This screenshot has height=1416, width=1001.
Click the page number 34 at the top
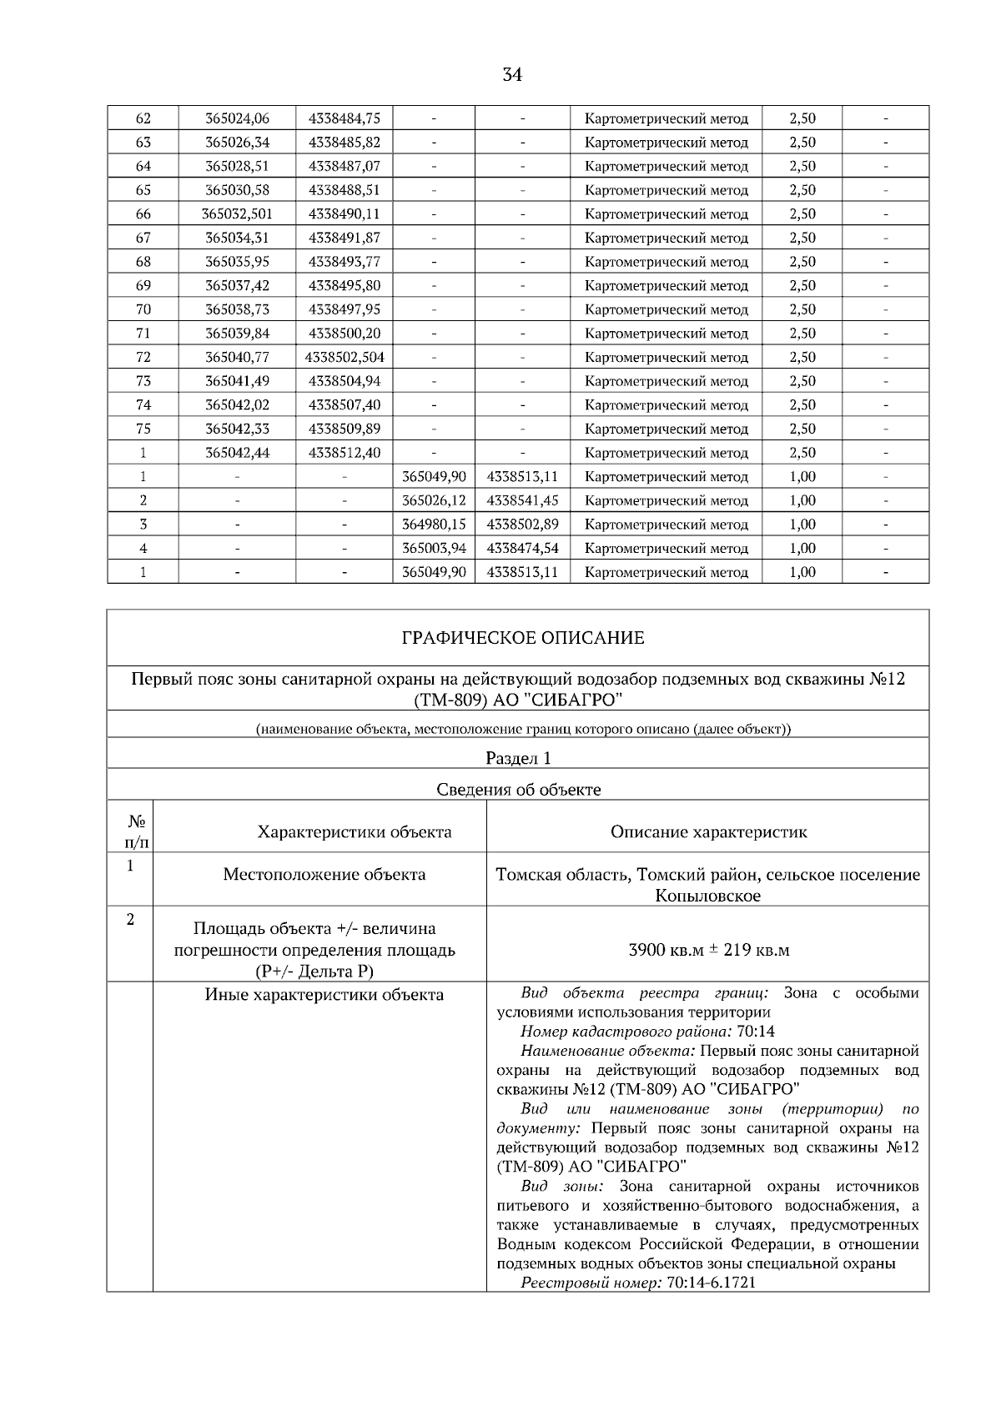(x=512, y=75)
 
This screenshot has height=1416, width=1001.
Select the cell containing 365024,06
(x=237, y=118)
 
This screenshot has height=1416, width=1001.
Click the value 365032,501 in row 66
(x=237, y=214)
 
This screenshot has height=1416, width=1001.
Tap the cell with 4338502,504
(x=344, y=358)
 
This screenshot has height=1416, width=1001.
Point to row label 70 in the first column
(x=143, y=309)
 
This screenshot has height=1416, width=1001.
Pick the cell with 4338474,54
(x=522, y=549)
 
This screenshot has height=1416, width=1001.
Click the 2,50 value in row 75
(x=802, y=429)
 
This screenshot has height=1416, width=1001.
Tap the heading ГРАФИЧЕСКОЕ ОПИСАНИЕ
(x=522, y=639)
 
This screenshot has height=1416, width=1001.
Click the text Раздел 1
(x=518, y=759)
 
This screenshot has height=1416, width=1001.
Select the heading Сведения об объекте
(x=518, y=790)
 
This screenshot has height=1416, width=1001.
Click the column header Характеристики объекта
(x=355, y=832)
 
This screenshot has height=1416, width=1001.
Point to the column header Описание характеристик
(x=708, y=832)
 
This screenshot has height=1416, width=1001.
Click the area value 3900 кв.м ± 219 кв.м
(x=708, y=951)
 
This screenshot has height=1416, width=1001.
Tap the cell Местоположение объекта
(x=324, y=875)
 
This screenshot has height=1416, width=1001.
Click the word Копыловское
(x=707, y=896)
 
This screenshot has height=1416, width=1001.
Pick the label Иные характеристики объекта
(x=324, y=995)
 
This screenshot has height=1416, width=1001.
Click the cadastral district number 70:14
(x=756, y=1032)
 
